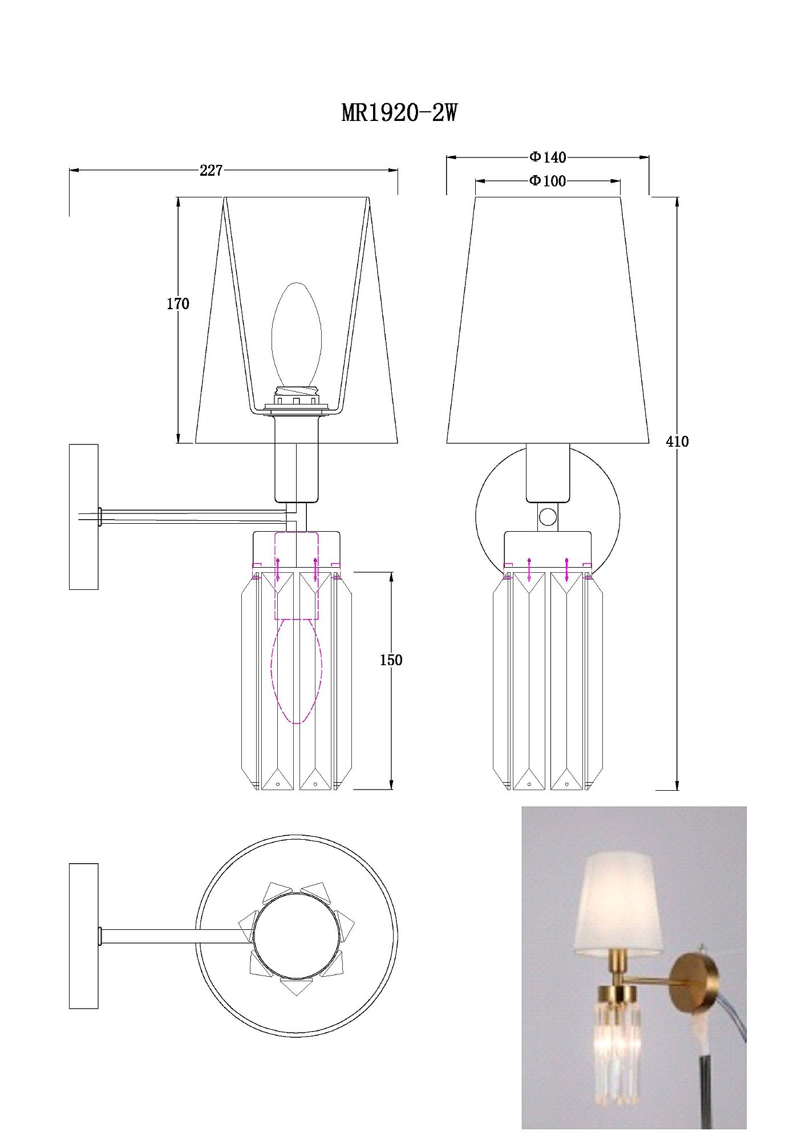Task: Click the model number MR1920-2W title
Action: [399, 114]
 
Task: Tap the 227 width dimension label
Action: [211, 170]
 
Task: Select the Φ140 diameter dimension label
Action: [548, 157]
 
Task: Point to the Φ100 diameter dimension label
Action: [548, 181]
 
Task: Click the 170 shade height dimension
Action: [178, 304]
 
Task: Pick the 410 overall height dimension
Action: [678, 441]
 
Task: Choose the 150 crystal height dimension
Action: [391, 660]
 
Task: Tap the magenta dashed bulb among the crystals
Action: [297, 671]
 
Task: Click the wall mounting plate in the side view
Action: [83, 516]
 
